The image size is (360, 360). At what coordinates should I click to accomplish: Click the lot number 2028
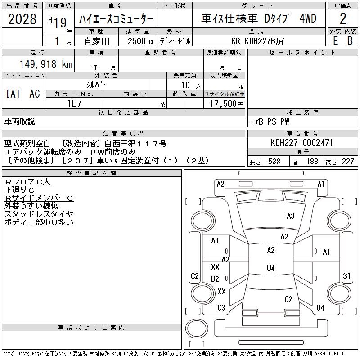(x=22, y=20)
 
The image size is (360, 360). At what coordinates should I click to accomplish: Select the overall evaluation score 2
(x=343, y=19)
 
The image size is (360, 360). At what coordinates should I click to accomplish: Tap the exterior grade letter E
(x=335, y=40)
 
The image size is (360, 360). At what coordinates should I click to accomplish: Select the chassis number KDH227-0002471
(x=302, y=143)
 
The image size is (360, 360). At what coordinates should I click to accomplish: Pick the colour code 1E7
(x=74, y=103)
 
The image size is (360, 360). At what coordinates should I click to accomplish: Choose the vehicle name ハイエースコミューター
(x=117, y=19)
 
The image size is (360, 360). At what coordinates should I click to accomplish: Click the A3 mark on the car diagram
(x=291, y=216)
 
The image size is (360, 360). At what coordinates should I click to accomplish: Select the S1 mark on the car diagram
(x=346, y=275)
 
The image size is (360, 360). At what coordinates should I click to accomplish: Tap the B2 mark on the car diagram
(x=215, y=279)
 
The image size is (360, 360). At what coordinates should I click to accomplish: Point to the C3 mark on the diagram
(x=221, y=308)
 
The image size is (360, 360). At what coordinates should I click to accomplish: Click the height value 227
(x=347, y=162)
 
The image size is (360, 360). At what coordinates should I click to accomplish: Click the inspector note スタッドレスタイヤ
(x=39, y=214)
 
